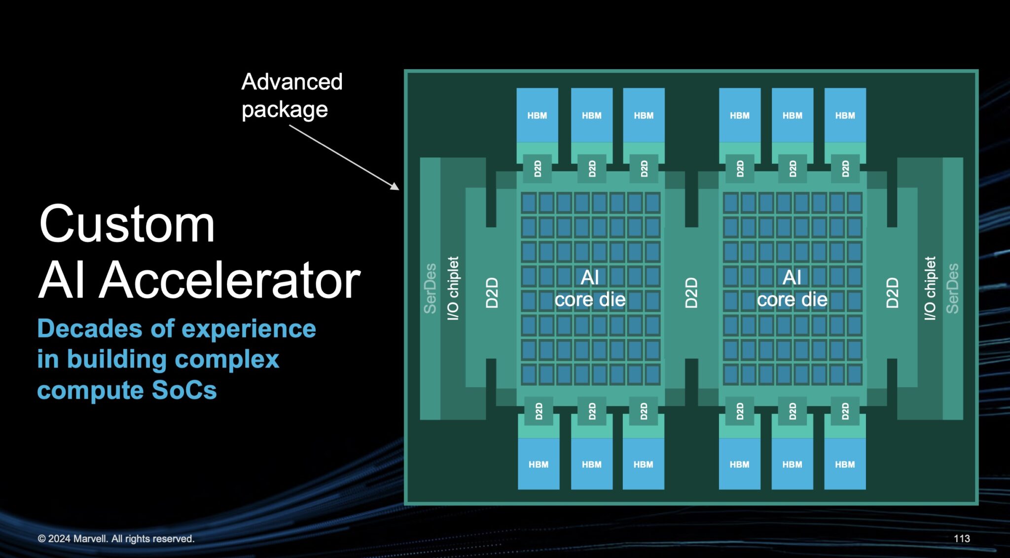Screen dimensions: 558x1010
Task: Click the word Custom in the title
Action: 127,225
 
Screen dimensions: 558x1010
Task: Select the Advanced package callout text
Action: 291,95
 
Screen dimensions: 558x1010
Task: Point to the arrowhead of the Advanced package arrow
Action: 396,187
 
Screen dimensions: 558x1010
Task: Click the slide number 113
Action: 961,538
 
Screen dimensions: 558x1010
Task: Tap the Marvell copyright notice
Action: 116,538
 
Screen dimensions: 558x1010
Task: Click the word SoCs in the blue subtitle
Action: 184,390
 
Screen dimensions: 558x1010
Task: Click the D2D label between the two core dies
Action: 691,293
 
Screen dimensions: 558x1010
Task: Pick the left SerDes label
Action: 430,288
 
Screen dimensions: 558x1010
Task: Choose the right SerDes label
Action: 952,288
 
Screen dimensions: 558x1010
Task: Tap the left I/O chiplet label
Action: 453,288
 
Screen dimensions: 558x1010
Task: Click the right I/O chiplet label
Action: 930,288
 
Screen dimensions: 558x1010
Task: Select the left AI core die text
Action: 590,289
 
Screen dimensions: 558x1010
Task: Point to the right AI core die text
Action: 792,289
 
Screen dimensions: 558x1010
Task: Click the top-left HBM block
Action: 537,115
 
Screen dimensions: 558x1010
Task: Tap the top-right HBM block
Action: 845,115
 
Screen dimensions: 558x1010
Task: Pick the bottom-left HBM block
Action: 538,464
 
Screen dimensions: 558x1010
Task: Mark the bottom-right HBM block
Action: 845,464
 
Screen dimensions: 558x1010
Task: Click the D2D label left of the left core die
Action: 492,293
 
